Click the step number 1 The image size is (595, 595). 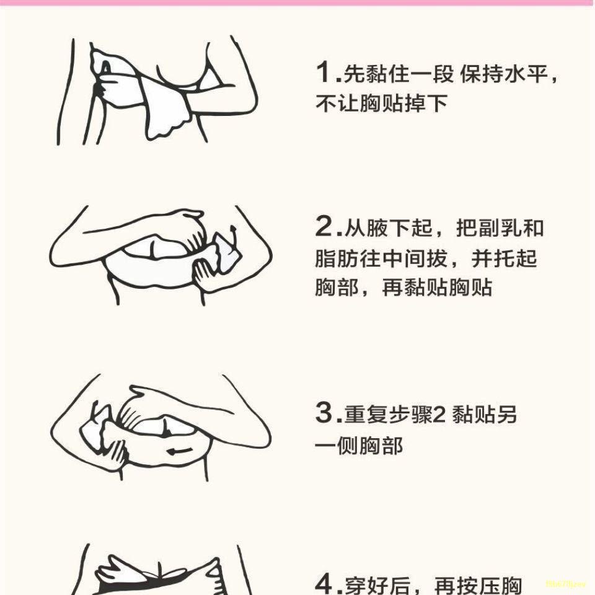click(x=324, y=72)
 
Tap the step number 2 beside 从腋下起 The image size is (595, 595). click(x=324, y=226)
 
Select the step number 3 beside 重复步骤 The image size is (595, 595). click(x=324, y=412)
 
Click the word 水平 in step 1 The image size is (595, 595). click(x=526, y=74)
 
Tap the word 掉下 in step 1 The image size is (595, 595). click(x=426, y=104)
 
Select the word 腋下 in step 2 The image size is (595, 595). click(x=388, y=228)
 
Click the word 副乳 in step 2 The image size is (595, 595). click(x=500, y=228)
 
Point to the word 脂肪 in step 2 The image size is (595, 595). click(x=337, y=258)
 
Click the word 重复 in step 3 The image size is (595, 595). click(x=366, y=414)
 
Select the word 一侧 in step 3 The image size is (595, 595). click(x=337, y=446)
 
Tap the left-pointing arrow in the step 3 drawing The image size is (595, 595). click(x=180, y=451)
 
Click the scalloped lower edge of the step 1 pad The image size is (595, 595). click(x=169, y=129)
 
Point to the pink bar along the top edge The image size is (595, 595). click(x=297, y=2)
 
